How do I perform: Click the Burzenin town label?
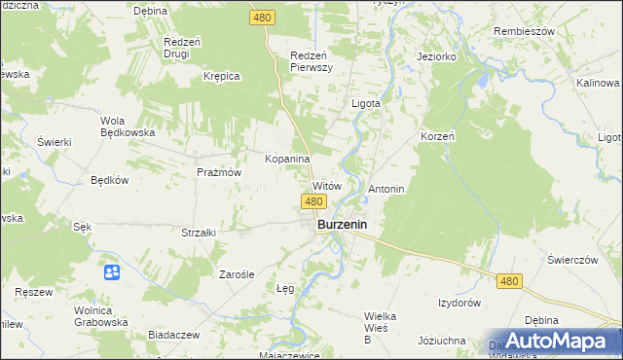(347, 225)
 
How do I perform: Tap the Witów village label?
(326, 185)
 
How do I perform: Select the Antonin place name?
(385, 188)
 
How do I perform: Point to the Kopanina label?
(287, 158)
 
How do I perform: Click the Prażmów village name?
(218, 171)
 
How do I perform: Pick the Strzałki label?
(199, 233)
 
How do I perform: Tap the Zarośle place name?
(236, 274)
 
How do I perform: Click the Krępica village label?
(221, 76)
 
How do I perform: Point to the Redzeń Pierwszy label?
(312, 61)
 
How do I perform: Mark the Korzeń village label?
(438, 136)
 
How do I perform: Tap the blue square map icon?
(112, 271)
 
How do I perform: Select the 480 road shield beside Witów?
(312, 201)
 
